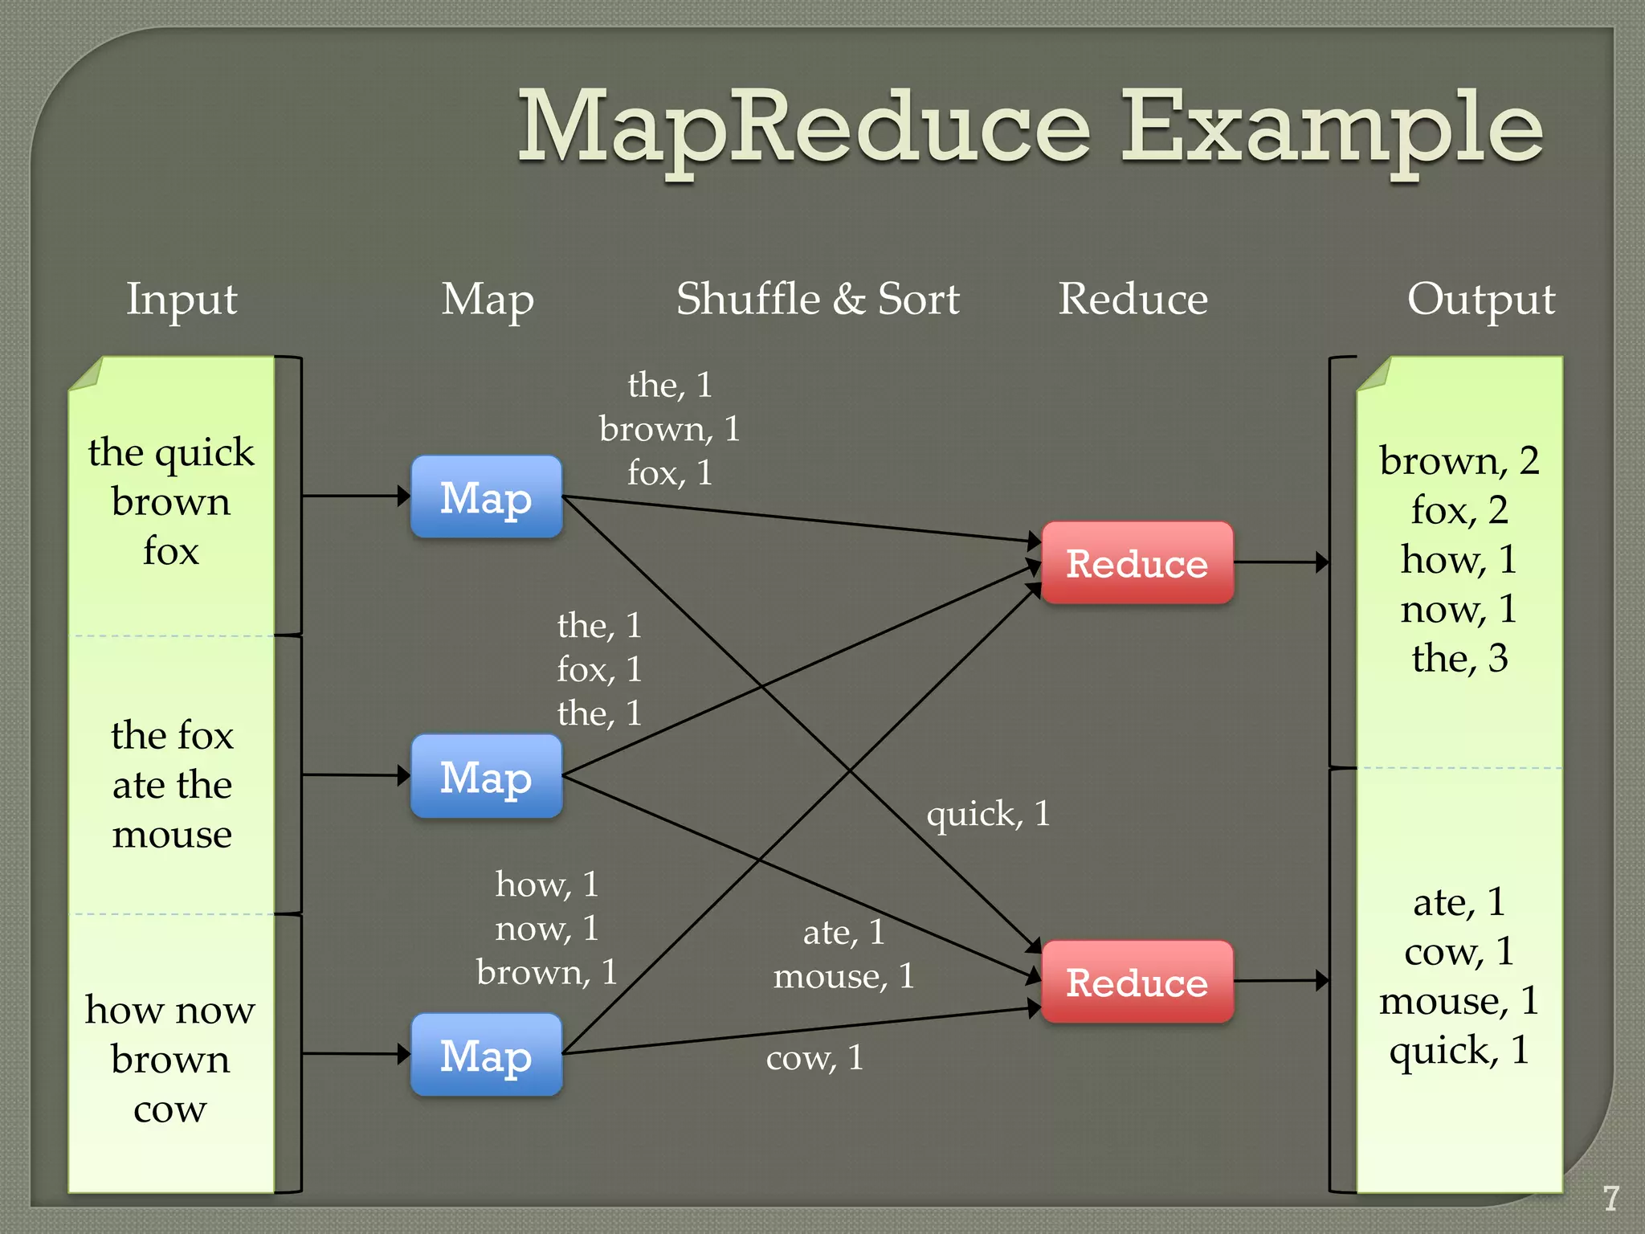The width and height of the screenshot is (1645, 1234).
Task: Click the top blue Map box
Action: pyautogui.click(x=486, y=497)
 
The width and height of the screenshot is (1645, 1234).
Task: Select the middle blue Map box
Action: pyautogui.click(x=486, y=777)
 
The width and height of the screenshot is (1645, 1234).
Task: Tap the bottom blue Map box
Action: pyautogui.click(x=486, y=1055)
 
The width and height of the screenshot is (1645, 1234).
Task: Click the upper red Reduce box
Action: pyautogui.click(x=1137, y=563)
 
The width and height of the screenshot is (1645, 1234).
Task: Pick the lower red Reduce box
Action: pyautogui.click(x=1137, y=982)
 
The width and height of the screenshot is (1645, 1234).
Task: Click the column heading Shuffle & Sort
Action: pyautogui.click(x=818, y=300)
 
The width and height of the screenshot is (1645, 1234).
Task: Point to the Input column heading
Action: pyautogui.click(x=182, y=300)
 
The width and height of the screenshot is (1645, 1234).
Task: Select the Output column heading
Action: pyautogui.click(x=1480, y=300)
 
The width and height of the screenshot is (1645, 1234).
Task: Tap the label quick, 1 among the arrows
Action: pyautogui.click(x=988, y=814)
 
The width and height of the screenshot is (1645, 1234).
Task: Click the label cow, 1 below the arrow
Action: pyautogui.click(x=814, y=1057)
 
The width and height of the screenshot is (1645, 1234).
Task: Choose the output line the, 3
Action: pyautogui.click(x=1459, y=658)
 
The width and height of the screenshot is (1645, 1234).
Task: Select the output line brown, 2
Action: pyautogui.click(x=1459, y=461)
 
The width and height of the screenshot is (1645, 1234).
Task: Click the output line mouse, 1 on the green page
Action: pyautogui.click(x=1459, y=1001)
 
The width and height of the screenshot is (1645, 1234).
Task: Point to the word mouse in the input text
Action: pyautogui.click(x=172, y=835)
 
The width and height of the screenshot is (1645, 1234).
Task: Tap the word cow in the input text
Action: pyautogui.click(x=170, y=1109)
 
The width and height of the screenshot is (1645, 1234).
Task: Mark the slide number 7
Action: pyautogui.click(x=1610, y=1198)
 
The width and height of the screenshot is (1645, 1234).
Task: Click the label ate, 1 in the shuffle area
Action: pyautogui.click(x=843, y=933)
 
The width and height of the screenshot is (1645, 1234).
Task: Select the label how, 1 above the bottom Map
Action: pyautogui.click(x=546, y=885)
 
